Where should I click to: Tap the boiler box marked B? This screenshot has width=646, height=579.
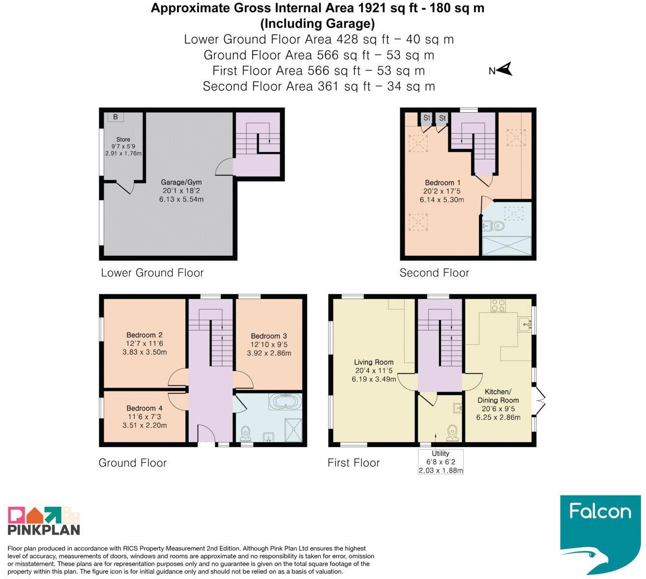pyautogui.click(x=116, y=117)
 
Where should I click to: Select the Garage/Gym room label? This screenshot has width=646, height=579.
pyautogui.click(x=181, y=182)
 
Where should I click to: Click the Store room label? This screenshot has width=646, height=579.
pyautogui.click(x=123, y=139)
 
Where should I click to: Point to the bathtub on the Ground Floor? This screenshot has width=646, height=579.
pyautogui.click(x=285, y=401)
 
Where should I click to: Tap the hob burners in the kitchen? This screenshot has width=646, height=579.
pyautogui.click(x=498, y=305)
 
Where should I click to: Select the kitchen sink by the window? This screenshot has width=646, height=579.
pyautogui.click(x=525, y=325)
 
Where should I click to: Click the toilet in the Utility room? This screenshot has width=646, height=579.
pyautogui.click(x=452, y=433)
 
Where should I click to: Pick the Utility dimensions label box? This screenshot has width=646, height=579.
pyautogui.click(x=440, y=461)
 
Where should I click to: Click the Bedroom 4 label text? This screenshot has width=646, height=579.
pyautogui.click(x=145, y=408)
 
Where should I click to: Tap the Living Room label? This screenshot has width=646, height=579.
pyautogui.click(x=374, y=362)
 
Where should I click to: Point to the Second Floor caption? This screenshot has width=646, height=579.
pyautogui.click(x=434, y=273)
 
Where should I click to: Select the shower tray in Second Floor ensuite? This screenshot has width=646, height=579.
pyautogui.click(x=507, y=246)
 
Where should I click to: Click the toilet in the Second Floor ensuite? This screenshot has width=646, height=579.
pyautogui.click(x=498, y=226)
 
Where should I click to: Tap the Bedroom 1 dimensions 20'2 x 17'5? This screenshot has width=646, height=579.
pyautogui.click(x=442, y=191)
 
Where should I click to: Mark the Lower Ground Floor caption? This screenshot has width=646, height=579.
pyautogui.click(x=152, y=273)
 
